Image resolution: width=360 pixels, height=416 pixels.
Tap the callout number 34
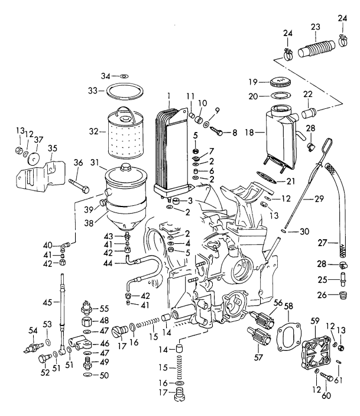pos(105,76)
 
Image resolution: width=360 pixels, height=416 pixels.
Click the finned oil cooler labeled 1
pos(170,145)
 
